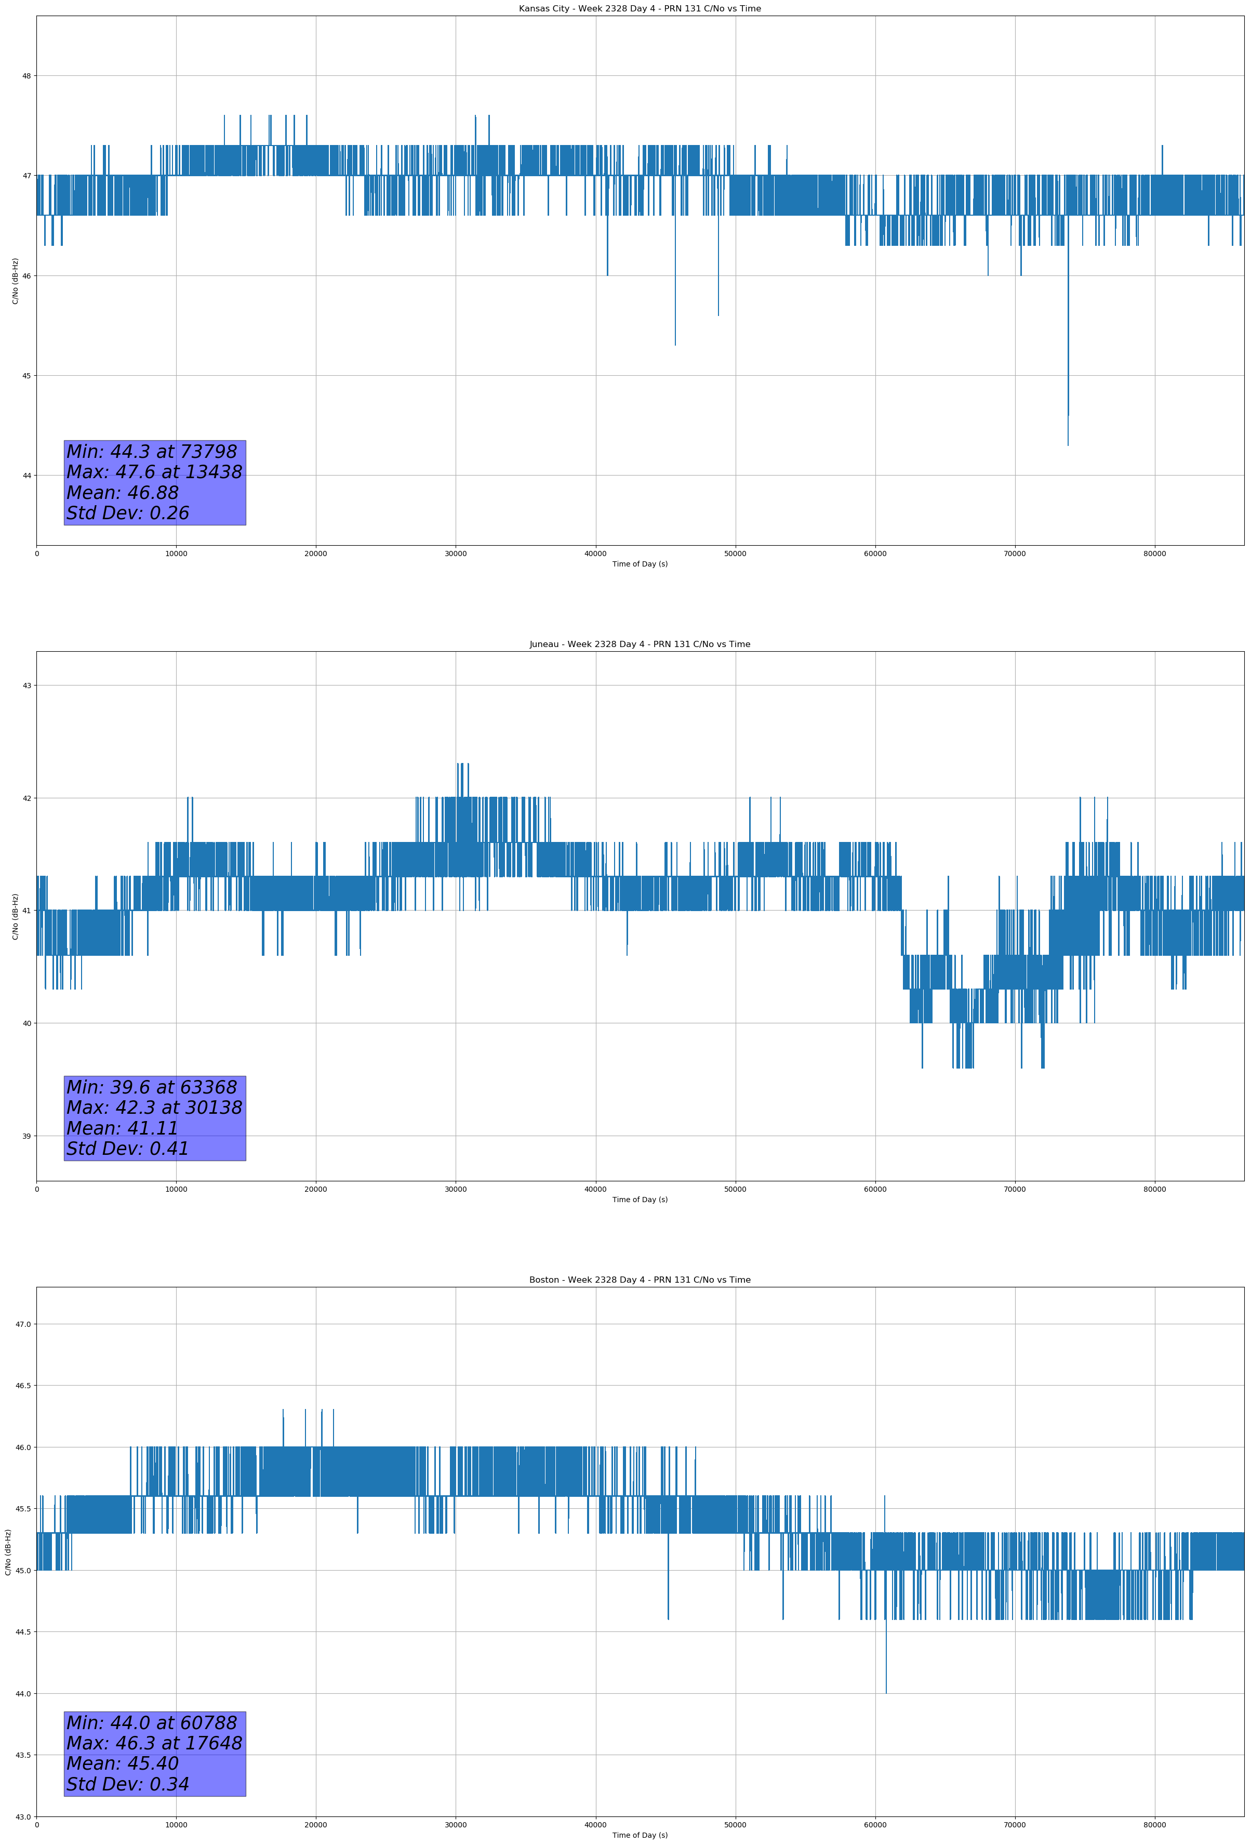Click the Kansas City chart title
tap(640, 9)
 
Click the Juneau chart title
tap(640, 644)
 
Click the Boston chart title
tap(640, 1280)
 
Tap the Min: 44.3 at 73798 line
tap(152, 452)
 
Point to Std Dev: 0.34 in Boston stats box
tap(128, 1784)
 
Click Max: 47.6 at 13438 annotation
tap(154, 472)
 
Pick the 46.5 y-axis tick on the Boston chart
tap(22, 1386)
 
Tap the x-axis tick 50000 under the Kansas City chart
tap(735, 554)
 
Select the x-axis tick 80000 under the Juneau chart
tap(1154, 1189)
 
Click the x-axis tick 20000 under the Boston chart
tap(316, 1825)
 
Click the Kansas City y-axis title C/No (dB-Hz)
tap(15, 281)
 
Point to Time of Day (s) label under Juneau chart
tap(640, 1200)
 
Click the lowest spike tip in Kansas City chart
tap(1068, 444)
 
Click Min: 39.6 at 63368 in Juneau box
tap(152, 1087)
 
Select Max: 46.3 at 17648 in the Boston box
tap(154, 1743)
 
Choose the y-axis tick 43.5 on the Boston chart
tap(22, 1755)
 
